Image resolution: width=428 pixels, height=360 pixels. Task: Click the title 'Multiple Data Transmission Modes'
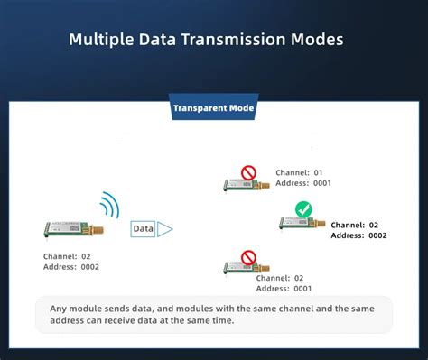click(207, 41)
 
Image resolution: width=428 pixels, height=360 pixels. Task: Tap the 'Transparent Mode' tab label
click(213, 109)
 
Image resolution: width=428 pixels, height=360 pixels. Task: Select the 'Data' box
click(143, 229)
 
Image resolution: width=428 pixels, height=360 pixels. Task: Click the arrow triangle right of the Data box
click(164, 229)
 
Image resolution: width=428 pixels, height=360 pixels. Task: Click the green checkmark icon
click(303, 208)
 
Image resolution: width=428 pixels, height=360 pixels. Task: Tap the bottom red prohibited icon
click(248, 256)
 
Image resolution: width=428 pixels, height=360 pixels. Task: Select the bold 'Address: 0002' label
click(358, 235)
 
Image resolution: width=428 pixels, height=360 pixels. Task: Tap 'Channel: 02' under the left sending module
click(66, 256)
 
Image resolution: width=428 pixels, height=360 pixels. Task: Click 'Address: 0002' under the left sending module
click(71, 267)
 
